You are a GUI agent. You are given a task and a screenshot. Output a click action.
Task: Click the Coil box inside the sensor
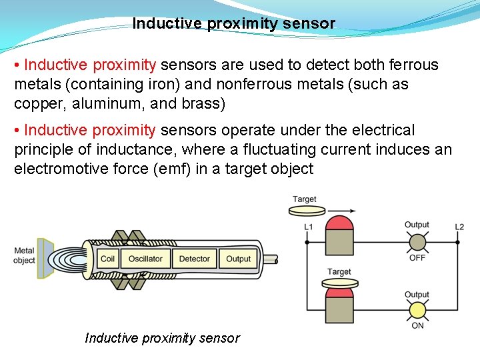click(107, 259)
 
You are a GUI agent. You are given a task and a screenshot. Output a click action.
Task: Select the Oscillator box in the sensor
click(145, 259)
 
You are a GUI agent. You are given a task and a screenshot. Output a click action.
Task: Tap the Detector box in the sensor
click(195, 259)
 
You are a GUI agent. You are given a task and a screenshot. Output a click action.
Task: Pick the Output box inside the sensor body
click(238, 259)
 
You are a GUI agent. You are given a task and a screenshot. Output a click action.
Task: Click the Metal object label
click(24, 255)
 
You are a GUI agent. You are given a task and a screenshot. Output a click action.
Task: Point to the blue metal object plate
click(45, 259)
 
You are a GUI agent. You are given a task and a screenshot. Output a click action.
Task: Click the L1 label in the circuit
click(308, 227)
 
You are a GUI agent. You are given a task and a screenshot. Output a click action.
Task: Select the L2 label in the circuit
click(459, 227)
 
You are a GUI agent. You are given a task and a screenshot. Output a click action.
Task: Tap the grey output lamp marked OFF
click(417, 242)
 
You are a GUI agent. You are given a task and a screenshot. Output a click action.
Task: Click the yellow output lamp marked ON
click(417, 310)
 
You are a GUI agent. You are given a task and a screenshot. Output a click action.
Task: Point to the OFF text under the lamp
click(417, 258)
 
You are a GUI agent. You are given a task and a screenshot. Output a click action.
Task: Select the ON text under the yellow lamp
click(417, 325)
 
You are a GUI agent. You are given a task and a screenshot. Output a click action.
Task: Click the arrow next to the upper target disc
click(341, 211)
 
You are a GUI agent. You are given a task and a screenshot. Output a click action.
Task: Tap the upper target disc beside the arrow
click(307, 211)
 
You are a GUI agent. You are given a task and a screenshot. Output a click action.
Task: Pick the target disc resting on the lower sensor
click(340, 283)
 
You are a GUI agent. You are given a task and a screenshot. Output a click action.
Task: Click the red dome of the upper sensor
click(339, 223)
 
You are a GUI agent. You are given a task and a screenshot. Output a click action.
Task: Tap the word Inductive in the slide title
click(167, 23)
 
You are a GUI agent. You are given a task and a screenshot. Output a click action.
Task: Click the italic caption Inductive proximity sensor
click(163, 338)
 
